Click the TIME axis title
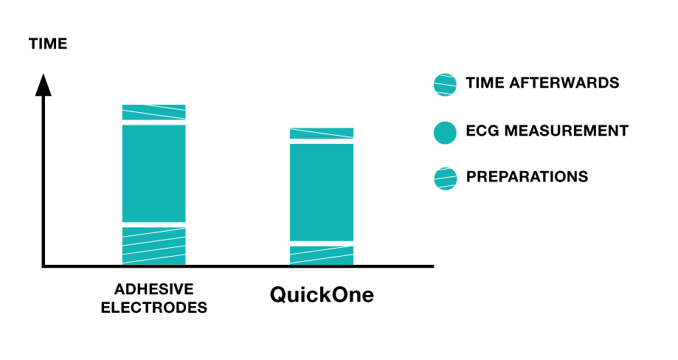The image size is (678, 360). point(48,44)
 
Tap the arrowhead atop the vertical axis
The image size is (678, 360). point(44,85)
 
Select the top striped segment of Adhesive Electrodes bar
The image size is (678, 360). point(154,112)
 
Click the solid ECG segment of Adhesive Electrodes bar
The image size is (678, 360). point(154,173)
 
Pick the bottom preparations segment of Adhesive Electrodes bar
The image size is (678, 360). point(154,246)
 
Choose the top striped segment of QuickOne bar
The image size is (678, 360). point(322,134)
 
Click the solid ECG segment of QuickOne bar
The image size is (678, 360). point(322,193)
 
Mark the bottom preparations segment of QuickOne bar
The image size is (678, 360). point(322,255)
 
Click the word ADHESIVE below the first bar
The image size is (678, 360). point(154,288)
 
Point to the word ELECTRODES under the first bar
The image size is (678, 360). point(154,308)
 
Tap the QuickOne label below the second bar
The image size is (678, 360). point(322,295)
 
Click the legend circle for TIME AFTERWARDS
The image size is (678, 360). point(445,85)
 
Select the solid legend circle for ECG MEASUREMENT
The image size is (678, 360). point(445,132)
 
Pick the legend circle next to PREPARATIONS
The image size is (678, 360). point(445,179)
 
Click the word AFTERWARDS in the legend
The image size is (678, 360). point(564,83)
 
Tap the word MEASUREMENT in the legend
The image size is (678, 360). point(567,131)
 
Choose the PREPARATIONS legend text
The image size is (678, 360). point(527,176)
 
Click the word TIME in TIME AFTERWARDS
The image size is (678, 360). point(485,83)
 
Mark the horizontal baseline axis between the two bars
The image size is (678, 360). point(238,266)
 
